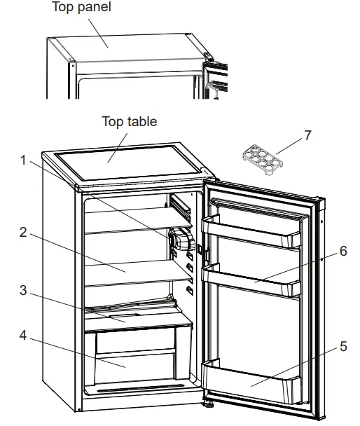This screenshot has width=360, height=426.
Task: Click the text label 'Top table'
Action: click(129, 121)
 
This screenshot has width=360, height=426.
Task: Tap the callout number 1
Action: click(25, 160)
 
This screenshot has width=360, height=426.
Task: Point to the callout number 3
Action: click(25, 289)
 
